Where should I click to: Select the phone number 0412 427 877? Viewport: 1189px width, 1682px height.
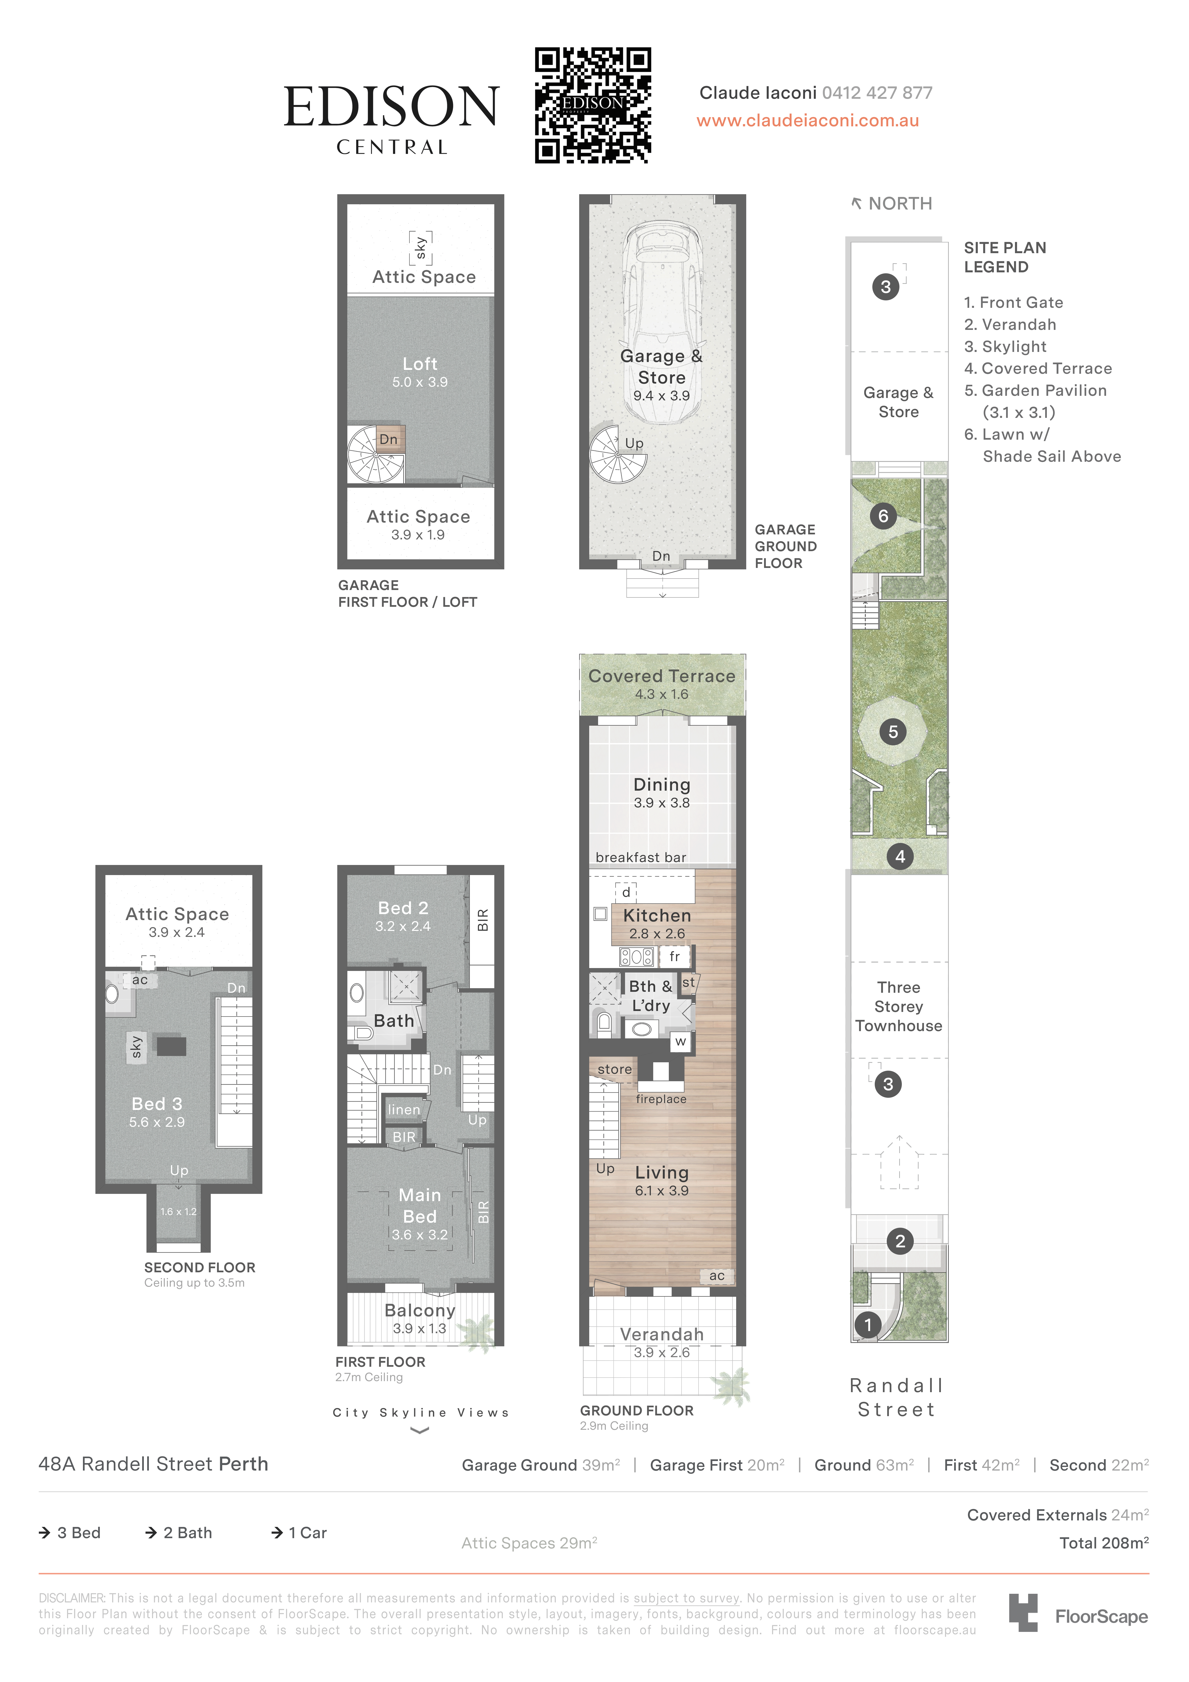[877, 93]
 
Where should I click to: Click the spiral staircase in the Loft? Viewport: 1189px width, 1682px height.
[376, 454]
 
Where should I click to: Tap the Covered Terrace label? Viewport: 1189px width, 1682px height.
[662, 676]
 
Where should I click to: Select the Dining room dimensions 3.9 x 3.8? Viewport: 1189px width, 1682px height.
[662, 803]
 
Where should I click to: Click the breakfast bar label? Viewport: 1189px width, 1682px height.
[641, 857]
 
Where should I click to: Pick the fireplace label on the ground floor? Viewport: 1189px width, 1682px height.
[661, 1099]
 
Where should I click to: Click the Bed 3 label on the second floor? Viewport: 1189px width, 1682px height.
[157, 1104]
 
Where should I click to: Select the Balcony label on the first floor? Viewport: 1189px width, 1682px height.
[420, 1311]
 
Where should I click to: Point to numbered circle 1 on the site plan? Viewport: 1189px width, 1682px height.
[868, 1325]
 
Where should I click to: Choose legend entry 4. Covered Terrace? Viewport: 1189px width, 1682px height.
[1038, 368]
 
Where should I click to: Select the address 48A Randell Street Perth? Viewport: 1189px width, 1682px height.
[153, 1464]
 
